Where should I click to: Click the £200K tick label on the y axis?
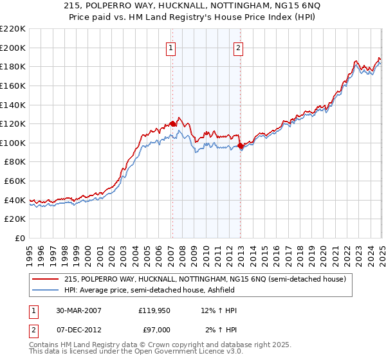(13, 48)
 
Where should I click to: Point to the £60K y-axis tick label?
(15, 181)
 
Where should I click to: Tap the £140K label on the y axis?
(13, 105)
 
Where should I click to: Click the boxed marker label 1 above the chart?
(172, 47)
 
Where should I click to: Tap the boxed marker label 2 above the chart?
(239, 47)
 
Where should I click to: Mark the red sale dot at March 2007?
(172, 124)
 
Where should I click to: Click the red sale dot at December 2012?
(240, 146)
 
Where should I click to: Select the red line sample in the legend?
(46, 279)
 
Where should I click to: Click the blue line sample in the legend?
(46, 290)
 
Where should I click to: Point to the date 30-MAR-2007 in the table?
(78, 310)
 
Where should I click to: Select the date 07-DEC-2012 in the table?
(78, 330)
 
